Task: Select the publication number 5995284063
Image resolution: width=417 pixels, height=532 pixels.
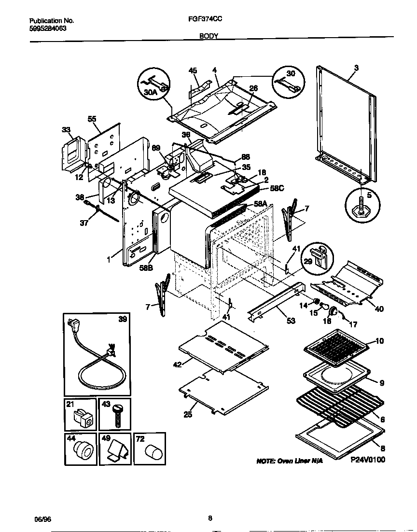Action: (x=48, y=28)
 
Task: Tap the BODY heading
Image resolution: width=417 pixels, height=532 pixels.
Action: (x=208, y=36)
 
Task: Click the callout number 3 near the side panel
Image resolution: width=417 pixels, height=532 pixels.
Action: (x=356, y=68)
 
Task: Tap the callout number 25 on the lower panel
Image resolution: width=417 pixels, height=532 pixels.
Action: (x=188, y=414)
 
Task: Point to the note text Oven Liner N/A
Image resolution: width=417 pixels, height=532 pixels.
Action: (x=289, y=462)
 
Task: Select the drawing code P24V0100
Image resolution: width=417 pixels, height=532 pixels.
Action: (x=368, y=460)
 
